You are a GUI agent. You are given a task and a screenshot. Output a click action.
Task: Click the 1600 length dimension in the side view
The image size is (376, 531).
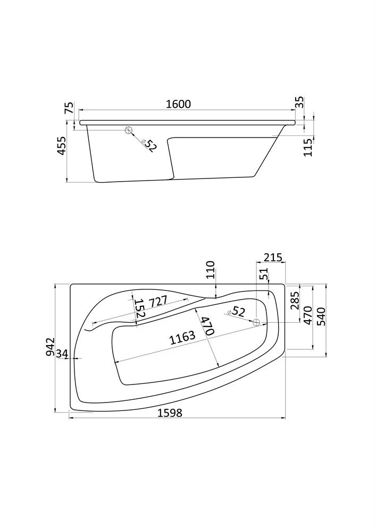(178, 104)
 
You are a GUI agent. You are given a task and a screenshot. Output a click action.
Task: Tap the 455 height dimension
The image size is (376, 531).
(62, 146)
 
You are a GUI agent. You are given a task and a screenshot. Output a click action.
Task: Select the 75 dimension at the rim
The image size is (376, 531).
(69, 108)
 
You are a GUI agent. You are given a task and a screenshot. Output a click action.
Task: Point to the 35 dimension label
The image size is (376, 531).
(299, 102)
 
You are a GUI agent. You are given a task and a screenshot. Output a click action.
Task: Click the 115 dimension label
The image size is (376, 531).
(308, 147)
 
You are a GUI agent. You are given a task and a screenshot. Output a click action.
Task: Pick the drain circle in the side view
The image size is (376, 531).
(129, 130)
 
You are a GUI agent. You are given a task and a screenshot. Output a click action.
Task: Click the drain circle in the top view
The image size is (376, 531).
(257, 322)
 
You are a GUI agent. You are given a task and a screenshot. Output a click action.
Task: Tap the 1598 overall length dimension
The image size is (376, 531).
(170, 413)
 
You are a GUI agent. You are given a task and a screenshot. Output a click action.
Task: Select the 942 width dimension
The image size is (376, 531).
(51, 347)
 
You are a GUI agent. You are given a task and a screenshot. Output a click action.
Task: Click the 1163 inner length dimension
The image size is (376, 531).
(183, 338)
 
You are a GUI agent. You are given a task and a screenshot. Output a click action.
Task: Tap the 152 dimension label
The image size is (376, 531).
(140, 309)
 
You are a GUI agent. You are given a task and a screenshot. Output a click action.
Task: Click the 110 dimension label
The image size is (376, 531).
(211, 270)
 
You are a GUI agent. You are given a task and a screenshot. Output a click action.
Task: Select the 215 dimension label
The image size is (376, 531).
(273, 258)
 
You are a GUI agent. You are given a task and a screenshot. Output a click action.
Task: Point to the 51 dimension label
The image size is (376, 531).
(265, 273)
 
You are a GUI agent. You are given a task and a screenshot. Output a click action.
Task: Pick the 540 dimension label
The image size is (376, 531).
(321, 316)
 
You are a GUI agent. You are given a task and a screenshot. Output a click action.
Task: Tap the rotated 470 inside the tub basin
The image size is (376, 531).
(206, 326)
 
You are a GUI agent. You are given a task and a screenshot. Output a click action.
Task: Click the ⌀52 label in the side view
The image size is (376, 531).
(149, 145)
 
